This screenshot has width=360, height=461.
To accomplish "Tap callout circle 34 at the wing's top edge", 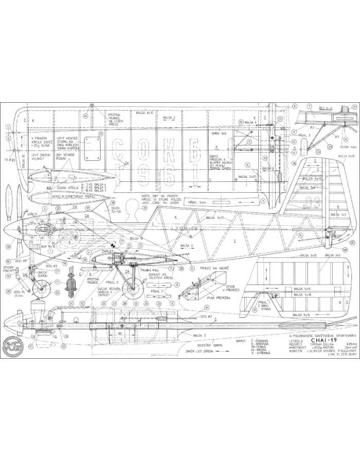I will [84, 116].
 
